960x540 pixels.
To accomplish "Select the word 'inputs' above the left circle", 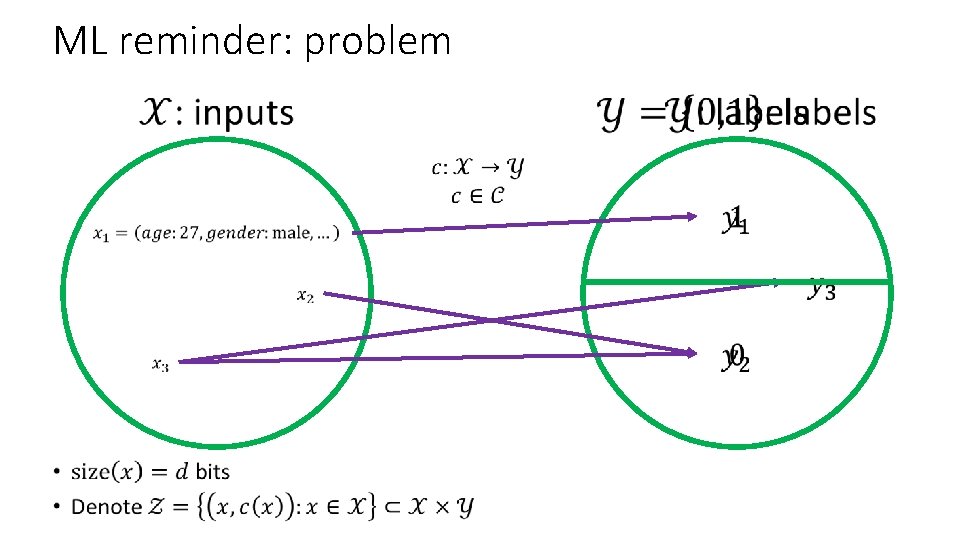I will (x=243, y=113).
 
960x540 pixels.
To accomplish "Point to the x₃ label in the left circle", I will (x=160, y=365).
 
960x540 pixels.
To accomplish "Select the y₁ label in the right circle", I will (x=735, y=220).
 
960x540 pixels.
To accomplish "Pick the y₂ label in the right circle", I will (x=735, y=358).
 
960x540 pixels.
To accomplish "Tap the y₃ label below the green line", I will (x=823, y=291).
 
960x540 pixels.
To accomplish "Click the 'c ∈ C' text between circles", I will (x=476, y=194).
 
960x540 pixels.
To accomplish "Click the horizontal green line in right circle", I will (x=680, y=282).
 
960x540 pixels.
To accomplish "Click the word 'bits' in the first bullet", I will (x=212, y=471).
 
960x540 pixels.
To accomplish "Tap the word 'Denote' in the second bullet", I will (x=106, y=507).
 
